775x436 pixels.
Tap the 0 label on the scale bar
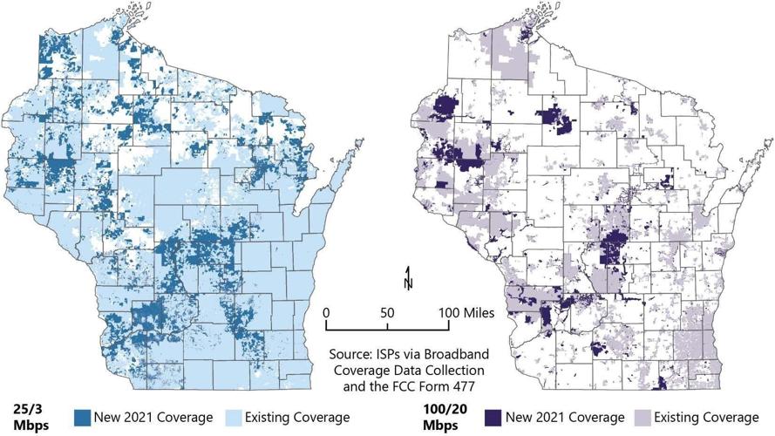(325, 311)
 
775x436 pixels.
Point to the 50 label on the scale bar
(387, 311)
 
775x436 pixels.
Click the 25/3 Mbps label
(27, 417)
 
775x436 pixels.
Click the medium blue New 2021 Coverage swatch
(85, 417)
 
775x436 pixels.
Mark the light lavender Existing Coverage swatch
(641, 417)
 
